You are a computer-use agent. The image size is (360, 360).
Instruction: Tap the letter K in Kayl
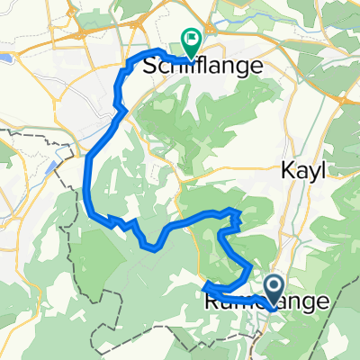click(x=290, y=171)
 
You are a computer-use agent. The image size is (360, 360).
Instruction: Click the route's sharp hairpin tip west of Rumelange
click(x=206, y=286)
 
